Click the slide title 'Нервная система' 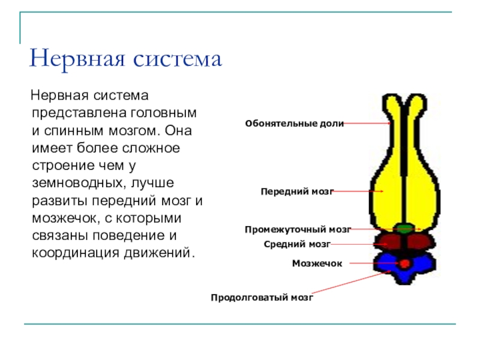pos(125,59)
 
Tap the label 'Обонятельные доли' pos(294,123)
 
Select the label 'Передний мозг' pos(296,191)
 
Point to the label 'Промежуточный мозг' pos(298,229)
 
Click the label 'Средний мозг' pos(297,244)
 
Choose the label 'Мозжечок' pos(317,263)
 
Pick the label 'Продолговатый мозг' pos(262,297)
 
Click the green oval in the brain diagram pos(406,228)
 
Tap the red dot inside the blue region pos(405,263)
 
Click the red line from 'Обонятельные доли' pos(367,123)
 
